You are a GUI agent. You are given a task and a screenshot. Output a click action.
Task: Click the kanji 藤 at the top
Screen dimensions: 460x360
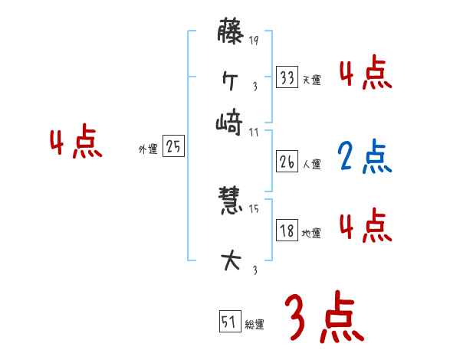point(229,34)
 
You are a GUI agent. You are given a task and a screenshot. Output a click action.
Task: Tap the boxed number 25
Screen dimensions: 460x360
point(174,148)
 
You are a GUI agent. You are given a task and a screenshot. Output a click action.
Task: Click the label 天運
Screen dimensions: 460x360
point(312,79)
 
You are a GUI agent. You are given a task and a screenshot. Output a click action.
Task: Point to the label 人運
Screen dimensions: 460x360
point(312,164)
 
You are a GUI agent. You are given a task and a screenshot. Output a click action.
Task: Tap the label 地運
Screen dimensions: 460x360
point(312,233)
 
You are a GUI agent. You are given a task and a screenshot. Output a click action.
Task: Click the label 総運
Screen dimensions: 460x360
point(255,324)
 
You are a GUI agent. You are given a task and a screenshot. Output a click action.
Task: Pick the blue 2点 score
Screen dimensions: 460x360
point(363,156)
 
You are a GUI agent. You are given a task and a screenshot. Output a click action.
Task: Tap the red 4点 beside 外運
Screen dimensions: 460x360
point(74,144)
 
